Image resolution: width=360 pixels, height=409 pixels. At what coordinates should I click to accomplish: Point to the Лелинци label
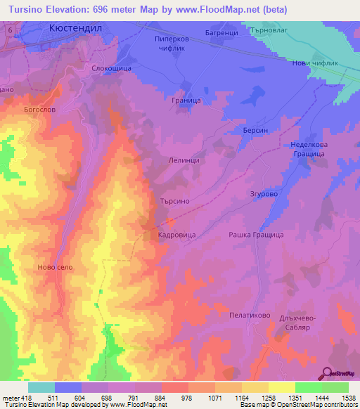[x=185, y=160]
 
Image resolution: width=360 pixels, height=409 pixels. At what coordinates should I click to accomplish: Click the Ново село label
[x=56, y=268]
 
